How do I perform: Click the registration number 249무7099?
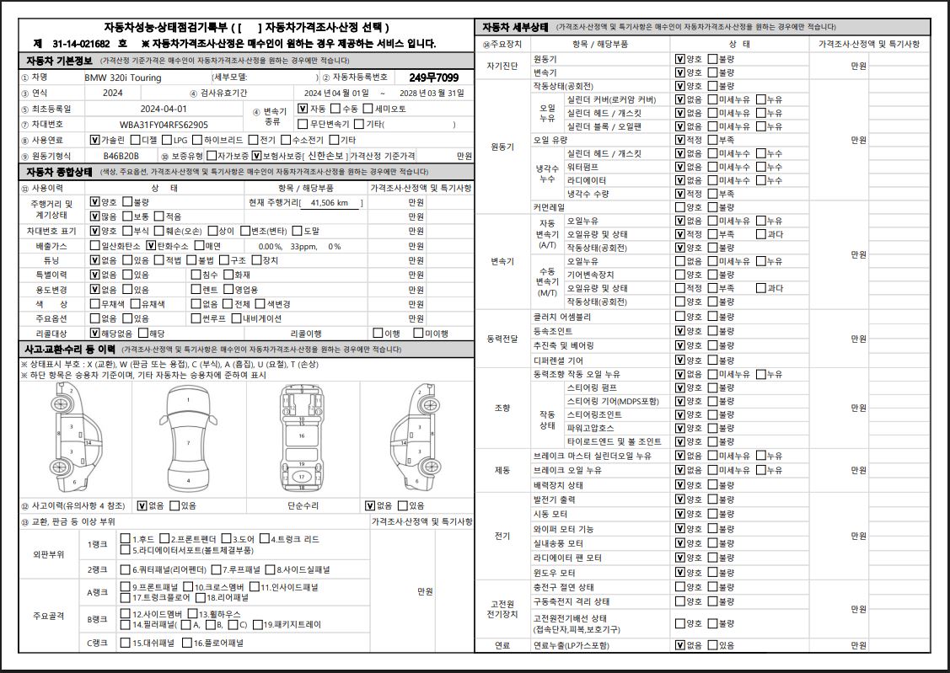tap(434, 77)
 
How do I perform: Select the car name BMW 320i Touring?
tap(122, 77)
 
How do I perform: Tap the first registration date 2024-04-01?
tap(164, 109)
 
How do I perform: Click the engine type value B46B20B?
tap(123, 156)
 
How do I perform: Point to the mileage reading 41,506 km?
tap(330, 203)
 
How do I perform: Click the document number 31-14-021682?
tap(81, 43)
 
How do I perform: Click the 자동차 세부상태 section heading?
tap(516, 27)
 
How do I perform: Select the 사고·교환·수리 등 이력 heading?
tap(70, 349)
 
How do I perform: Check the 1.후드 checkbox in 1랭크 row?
tap(125, 539)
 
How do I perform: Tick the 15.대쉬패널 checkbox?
tap(125, 643)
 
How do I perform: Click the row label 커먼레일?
tap(550, 207)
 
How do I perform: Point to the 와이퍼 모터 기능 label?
tap(563, 529)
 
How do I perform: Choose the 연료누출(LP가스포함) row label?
tap(571, 645)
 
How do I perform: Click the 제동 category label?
tap(502, 470)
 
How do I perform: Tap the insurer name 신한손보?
tap(325, 156)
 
